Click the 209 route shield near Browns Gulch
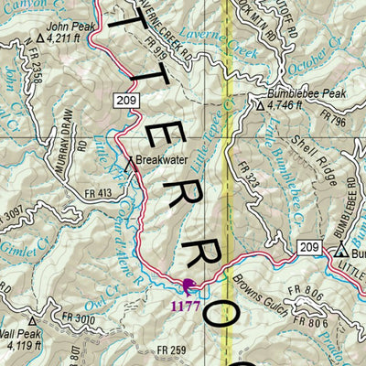309,246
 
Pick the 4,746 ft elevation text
288,106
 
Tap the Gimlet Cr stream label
16,258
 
